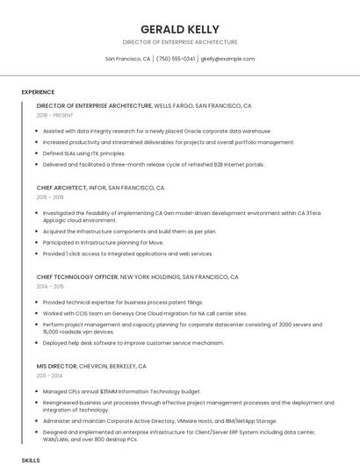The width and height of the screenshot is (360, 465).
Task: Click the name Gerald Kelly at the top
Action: coord(180,29)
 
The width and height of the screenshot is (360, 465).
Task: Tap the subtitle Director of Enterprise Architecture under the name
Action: coord(180,42)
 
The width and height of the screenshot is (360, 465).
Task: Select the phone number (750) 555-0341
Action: coord(176,59)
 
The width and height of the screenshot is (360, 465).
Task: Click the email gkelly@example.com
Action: coord(227,59)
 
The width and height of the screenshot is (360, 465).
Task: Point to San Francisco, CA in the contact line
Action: coord(127,59)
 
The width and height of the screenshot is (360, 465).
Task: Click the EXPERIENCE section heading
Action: coord(38,92)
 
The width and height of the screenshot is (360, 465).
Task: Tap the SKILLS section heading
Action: coord(31,459)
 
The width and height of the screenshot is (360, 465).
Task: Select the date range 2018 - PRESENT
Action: coord(55,115)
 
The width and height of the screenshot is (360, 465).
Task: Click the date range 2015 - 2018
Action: coord(50,197)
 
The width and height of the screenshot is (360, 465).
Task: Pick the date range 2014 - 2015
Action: coord(50,286)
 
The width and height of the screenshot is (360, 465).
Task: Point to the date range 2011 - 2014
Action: coord(50,376)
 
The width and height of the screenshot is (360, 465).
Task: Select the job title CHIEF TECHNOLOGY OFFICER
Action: coord(76,276)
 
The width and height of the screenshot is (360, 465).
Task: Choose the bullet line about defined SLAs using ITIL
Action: coord(84,153)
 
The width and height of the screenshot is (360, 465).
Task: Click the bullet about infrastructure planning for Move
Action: coord(103,242)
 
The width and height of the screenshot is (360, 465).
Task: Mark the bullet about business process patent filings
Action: coord(123,302)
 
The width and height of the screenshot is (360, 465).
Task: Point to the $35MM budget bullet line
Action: coord(121,391)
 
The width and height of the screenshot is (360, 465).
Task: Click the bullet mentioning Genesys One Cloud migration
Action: coord(145,313)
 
